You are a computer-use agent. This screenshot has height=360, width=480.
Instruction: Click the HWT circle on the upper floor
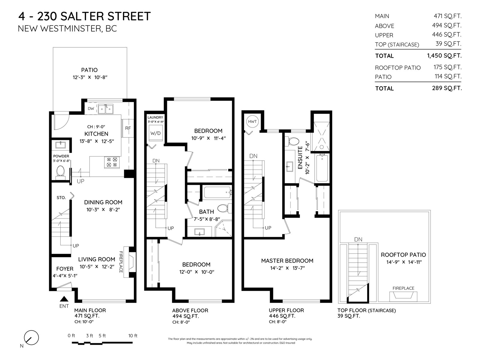(x=252, y=121)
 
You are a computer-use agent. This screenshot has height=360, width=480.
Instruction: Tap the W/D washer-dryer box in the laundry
(x=155, y=133)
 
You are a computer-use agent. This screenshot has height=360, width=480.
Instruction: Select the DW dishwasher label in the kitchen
(x=91, y=109)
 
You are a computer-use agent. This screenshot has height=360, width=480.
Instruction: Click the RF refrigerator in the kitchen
(x=128, y=128)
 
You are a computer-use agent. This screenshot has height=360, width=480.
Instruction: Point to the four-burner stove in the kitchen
(x=112, y=162)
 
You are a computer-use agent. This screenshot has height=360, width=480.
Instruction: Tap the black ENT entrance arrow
(x=64, y=298)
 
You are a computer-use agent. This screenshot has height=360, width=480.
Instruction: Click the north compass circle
(x=31, y=337)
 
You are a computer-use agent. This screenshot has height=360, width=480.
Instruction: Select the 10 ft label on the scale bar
(x=133, y=335)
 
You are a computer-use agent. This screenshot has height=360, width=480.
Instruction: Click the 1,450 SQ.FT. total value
(x=444, y=55)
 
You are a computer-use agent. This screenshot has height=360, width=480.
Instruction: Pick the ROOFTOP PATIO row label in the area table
(x=397, y=68)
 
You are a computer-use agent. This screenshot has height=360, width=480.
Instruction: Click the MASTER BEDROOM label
(x=287, y=260)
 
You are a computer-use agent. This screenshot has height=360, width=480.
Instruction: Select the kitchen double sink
(x=105, y=109)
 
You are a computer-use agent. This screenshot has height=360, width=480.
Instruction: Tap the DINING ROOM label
(x=103, y=202)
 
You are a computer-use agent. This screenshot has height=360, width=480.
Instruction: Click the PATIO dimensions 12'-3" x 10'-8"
(x=90, y=77)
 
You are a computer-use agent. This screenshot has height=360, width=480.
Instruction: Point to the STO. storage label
(x=61, y=198)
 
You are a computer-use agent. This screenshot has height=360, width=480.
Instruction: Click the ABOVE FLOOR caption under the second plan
(x=190, y=310)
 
